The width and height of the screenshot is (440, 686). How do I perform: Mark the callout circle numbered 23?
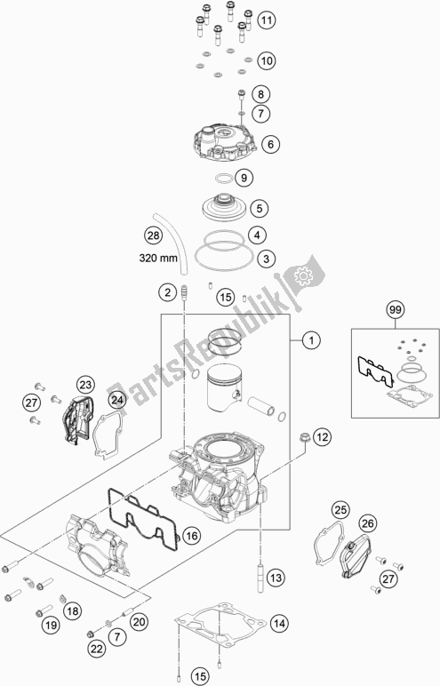click(84, 385)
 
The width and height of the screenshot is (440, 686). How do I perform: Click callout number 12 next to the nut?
click(321, 436)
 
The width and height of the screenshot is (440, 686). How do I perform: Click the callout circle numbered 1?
click(310, 339)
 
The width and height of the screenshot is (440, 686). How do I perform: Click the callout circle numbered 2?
click(166, 291)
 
